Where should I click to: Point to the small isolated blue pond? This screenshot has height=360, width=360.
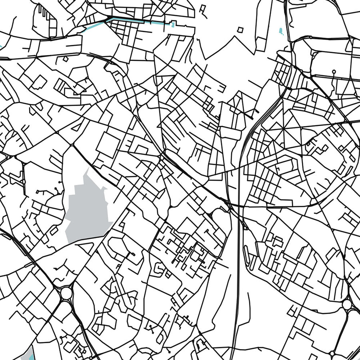click(x=281, y=30)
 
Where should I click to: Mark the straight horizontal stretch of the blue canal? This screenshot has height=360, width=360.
click(x=140, y=22)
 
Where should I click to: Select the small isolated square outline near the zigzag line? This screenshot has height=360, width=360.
click(x=240, y=30)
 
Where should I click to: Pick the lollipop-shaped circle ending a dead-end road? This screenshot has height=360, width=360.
click(x=334, y=72)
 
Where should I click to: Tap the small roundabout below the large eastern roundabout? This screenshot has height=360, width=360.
click(x=332, y=354)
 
